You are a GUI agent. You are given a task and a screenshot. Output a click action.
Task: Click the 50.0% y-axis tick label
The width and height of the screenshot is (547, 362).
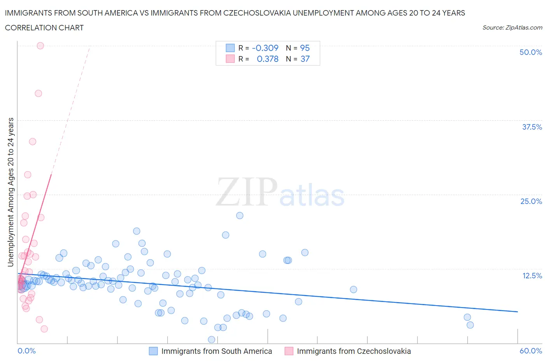pos(531,52)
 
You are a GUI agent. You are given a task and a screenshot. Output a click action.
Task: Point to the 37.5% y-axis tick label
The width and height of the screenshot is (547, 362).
pos(532,127)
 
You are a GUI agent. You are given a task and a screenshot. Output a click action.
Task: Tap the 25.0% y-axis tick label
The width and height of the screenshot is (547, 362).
pos(531,201)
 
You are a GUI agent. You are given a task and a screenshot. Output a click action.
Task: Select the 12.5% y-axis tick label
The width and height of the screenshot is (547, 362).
pos(532,276)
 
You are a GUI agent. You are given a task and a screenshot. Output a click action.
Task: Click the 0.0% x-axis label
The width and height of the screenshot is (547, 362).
pos(26,351)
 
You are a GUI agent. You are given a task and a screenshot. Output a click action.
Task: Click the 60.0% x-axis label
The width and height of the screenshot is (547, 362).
pos(531,351)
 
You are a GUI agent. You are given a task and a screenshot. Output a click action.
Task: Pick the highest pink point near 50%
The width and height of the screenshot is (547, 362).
pos(40,46)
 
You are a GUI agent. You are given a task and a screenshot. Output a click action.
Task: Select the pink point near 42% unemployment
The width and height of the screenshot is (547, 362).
pos(38,93)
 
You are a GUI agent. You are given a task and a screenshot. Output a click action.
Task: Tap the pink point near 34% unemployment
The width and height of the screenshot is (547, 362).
pos(33,142)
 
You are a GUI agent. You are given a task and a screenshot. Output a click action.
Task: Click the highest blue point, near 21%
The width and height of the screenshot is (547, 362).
pos(240,216)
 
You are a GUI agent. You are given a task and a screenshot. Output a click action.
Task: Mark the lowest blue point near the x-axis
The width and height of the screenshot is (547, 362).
pos(212,339)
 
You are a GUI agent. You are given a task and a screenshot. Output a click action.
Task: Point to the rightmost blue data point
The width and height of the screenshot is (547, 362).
pos(470,325)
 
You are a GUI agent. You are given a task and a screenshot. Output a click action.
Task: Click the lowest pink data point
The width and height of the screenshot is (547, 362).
pos(44,329)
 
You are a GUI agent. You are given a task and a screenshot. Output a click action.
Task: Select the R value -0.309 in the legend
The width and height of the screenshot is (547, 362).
pos(265,48)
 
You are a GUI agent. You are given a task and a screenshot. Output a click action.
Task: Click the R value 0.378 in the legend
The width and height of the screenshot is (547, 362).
pos(268,59)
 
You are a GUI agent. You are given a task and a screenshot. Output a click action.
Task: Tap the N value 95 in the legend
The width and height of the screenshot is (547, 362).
pos(305,48)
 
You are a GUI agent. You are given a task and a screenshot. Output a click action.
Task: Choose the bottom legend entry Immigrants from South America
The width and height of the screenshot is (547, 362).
pos(216,351)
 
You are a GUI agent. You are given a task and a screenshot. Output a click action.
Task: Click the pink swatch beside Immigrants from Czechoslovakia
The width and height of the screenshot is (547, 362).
pos(289,351)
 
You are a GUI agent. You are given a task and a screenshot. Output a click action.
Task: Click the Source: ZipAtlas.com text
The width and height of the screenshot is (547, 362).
pos(512,27)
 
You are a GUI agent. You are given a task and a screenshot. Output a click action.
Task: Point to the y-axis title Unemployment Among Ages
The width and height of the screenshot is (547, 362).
pos(11,192)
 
